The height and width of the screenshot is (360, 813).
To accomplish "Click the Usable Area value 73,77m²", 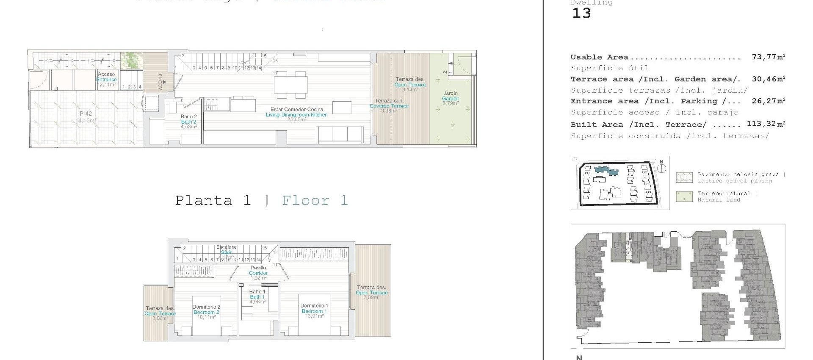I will (x=769, y=57).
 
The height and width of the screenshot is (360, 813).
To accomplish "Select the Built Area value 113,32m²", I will (x=766, y=124).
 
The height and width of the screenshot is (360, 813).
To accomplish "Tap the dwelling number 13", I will (x=581, y=14).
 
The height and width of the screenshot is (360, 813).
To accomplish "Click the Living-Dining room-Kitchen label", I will (x=296, y=115).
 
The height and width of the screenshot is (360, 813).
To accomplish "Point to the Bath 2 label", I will (x=188, y=122).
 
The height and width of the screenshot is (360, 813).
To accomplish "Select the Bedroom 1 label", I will (x=314, y=311).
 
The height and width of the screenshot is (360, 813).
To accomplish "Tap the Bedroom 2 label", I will (x=206, y=312).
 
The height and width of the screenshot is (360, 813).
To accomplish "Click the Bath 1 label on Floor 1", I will (x=257, y=297).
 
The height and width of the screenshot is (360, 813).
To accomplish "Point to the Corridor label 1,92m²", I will (x=258, y=273).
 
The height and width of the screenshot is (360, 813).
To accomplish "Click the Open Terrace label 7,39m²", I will (x=371, y=293).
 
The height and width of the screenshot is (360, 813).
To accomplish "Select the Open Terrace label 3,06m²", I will (x=160, y=314).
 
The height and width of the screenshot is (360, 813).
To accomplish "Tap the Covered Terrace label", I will (x=389, y=106).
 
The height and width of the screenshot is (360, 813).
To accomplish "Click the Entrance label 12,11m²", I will (x=106, y=80).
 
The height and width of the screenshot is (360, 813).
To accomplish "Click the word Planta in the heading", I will (x=204, y=200).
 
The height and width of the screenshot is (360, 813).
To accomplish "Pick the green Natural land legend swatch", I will (x=684, y=197).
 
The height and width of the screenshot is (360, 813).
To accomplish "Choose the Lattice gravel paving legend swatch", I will (x=684, y=177).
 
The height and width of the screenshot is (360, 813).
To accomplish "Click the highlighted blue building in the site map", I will (x=606, y=170).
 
